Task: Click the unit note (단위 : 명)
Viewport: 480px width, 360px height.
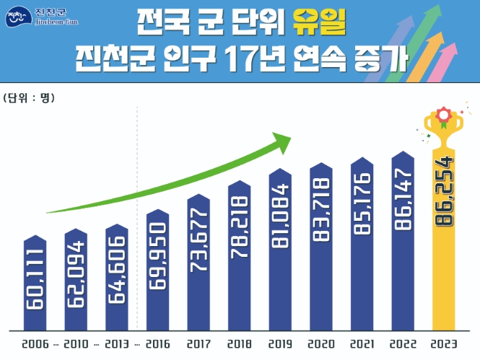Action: click(x=29, y=97)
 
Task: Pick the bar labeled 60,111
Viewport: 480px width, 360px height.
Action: click(x=35, y=281)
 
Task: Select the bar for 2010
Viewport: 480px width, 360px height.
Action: click(x=76, y=278)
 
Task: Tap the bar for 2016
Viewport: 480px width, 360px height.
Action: click(x=157, y=270)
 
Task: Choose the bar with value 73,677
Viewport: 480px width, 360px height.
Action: click(x=198, y=263)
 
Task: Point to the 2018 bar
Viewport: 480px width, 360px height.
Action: click(x=239, y=255)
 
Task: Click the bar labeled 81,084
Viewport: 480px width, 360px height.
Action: click(x=280, y=250)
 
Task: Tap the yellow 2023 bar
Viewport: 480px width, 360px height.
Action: click(x=443, y=238)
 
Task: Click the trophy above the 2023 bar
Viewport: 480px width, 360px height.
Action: click(x=442, y=123)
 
